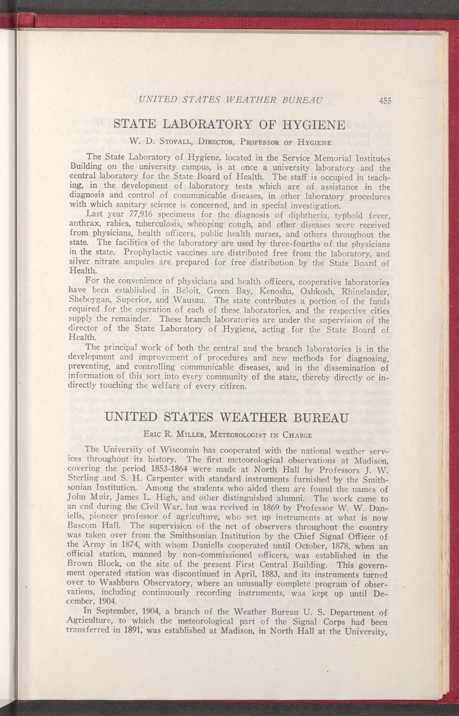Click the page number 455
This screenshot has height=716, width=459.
click(384, 101)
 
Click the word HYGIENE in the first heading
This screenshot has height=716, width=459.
click(312, 125)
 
